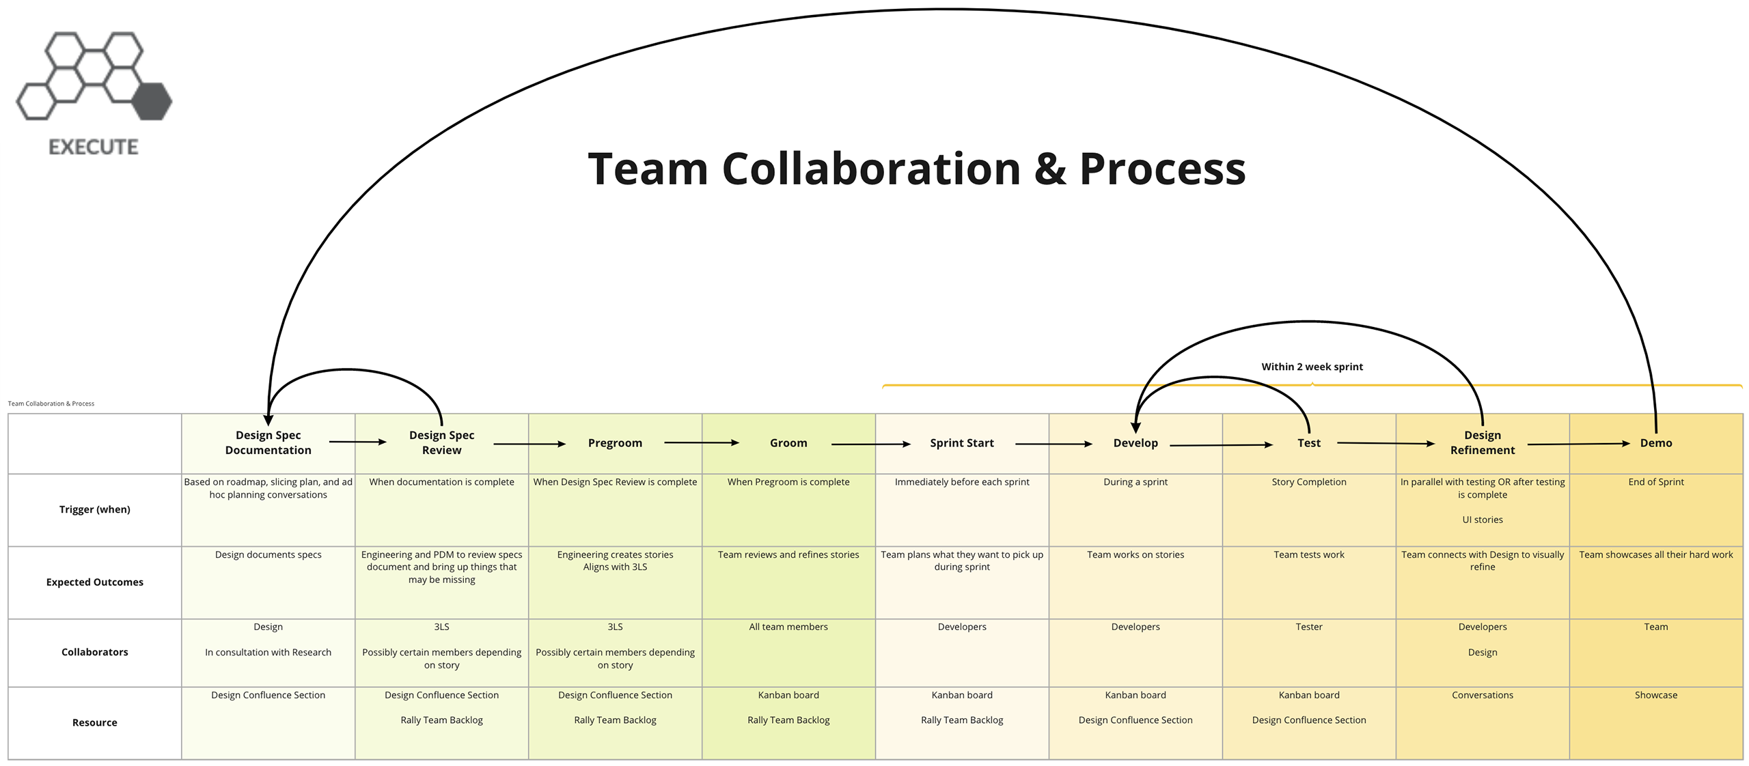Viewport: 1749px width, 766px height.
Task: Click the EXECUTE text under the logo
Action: tap(94, 147)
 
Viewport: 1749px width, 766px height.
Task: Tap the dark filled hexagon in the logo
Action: tap(152, 101)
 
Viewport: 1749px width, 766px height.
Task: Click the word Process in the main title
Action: tap(1162, 169)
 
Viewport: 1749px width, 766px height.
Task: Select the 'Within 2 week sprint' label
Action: tap(1311, 367)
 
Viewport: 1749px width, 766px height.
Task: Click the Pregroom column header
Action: tap(615, 443)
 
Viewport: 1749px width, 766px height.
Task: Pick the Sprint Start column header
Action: tap(961, 443)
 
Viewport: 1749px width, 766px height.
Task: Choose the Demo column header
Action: tap(1655, 443)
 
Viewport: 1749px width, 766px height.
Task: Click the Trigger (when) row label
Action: tap(94, 509)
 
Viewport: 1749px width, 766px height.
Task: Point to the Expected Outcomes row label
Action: tap(94, 582)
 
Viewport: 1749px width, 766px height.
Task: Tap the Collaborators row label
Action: tap(94, 652)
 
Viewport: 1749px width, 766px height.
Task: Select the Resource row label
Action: tap(94, 722)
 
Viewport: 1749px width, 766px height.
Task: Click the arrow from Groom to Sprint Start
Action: tap(870, 444)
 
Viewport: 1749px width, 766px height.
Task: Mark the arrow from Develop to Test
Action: tap(1220, 445)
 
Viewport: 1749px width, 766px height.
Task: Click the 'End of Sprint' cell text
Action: tap(1655, 482)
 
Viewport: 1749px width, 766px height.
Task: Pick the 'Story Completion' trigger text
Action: tap(1308, 482)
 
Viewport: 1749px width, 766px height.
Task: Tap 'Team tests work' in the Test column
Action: tap(1308, 555)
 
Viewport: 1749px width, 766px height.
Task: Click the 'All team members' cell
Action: tap(788, 627)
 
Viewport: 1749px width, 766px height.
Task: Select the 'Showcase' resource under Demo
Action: tap(1655, 695)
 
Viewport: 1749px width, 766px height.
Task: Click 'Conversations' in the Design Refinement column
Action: tap(1482, 695)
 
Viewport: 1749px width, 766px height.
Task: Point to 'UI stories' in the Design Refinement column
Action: tap(1482, 520)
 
